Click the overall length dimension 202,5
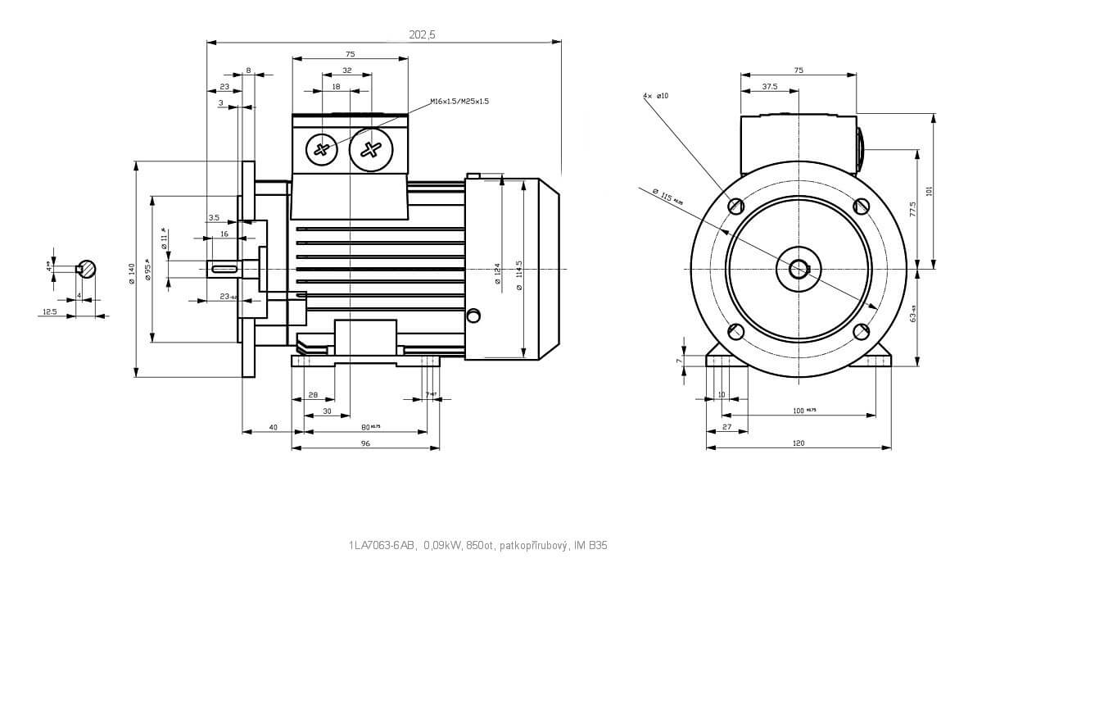tap(422, 34)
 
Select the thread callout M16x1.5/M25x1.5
tap(459, 102)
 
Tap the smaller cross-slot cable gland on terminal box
tap(321, 149)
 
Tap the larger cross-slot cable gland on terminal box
tap(371, 149)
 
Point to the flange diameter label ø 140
tap(131, 273)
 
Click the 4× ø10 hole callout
tap(656, 96)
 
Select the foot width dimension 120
tap(799, 443)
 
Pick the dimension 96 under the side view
tap(365, 443)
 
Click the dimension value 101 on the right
tap(929, 191)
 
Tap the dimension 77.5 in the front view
tap(912, 209)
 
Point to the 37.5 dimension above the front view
tap(770, 86)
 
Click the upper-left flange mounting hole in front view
tap(735, 206)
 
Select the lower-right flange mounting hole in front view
tap(861, 331)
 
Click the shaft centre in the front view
tap(799, 269)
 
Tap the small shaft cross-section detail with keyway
tap(87, 268)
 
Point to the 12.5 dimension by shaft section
tap(50, 311)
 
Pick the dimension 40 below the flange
tap(274, 427)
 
